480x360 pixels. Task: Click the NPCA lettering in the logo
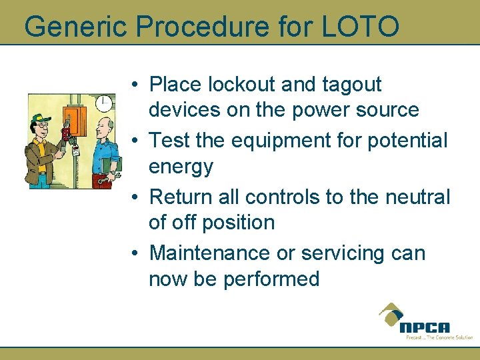pos(425,327)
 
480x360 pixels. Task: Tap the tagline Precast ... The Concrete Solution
pos(439,337)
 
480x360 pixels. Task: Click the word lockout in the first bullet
pos(242,85)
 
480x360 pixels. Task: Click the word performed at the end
pos(272,279)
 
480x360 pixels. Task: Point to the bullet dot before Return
pos(135,198)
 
